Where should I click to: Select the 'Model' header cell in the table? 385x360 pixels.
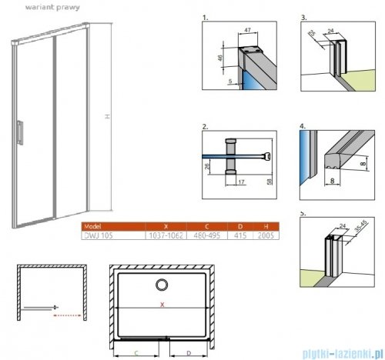(92, 226)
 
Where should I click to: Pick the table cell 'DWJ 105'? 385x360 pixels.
(95, 235)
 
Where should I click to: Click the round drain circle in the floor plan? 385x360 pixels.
(162, 287)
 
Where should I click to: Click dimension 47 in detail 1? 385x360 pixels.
(248, 29)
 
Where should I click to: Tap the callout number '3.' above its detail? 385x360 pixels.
(303, 15)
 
